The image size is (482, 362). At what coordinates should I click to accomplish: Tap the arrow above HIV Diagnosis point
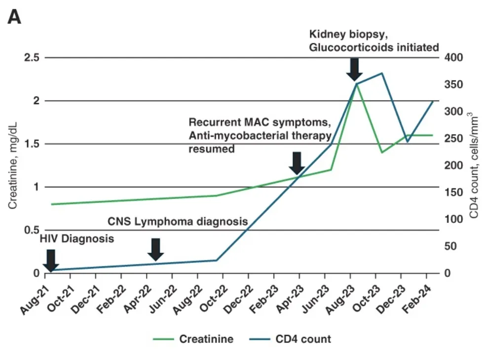50,260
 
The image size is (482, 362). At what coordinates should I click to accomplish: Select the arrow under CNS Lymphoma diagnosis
155,249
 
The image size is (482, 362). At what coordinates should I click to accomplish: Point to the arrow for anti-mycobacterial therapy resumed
297,163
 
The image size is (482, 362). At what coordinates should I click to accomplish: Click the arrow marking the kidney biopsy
354,69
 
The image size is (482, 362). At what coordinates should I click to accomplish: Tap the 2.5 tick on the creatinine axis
30,58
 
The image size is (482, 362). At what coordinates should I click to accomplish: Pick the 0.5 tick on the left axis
30,230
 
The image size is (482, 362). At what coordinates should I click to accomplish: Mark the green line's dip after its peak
382,152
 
